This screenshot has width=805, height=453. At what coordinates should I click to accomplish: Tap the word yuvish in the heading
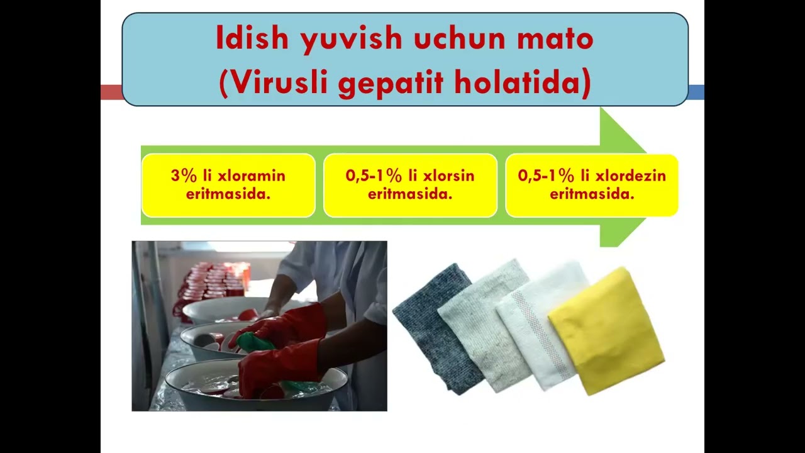point(348,40)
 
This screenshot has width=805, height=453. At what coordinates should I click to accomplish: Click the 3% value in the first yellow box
point(183,176)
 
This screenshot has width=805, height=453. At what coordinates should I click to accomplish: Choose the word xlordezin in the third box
point(629,176)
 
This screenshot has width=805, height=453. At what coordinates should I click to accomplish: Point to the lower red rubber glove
point(277,368)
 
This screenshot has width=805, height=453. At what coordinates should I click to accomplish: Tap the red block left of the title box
point(111,92)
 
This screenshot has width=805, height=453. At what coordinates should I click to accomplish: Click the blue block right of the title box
point(696,92)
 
